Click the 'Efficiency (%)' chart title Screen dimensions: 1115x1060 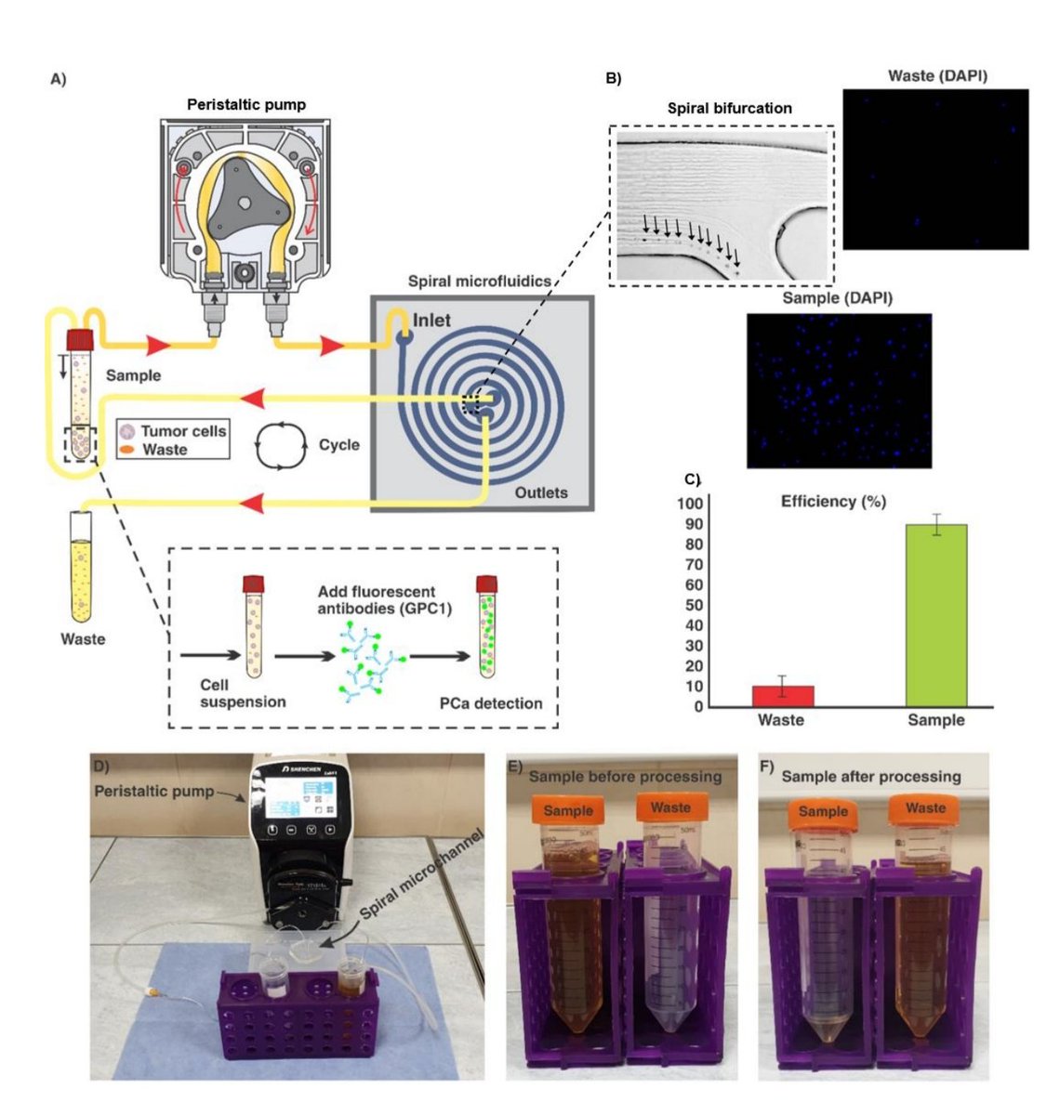832,502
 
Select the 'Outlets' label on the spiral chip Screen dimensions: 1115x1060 541,492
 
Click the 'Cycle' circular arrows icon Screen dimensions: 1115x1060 280,444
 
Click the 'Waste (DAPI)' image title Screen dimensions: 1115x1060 936,75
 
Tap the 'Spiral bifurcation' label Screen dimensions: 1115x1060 730,108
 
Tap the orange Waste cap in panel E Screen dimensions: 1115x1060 669,808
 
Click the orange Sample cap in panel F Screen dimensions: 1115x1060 823,813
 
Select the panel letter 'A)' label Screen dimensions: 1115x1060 58,80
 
